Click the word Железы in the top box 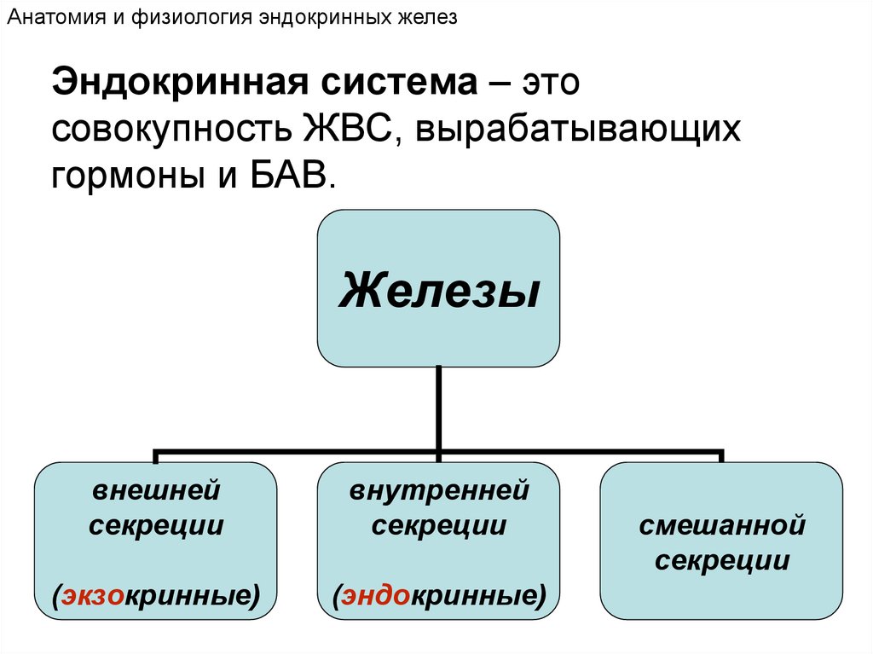(x=439, y=290)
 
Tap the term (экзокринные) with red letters (x=156, y=594)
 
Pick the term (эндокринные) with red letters (x=439, y=594)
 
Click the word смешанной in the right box (x=722, y=525)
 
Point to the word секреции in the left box (x=156, y=525)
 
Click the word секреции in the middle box (x=439, y=525)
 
